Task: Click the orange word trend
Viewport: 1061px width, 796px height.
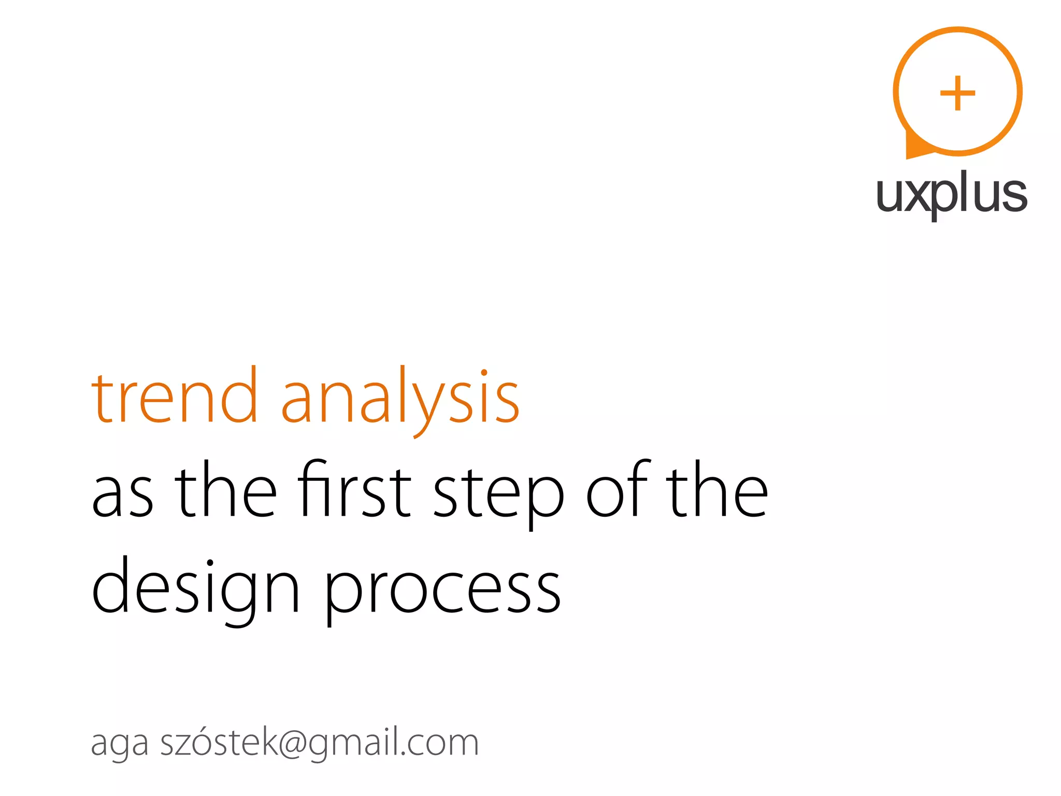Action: click(x=174, y=396)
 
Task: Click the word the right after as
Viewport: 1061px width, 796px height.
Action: click(x=225, y=490)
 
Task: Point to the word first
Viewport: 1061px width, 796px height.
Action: click(x=355, y=490)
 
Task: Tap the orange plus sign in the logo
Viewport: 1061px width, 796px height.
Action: click(x=957, y=93)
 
